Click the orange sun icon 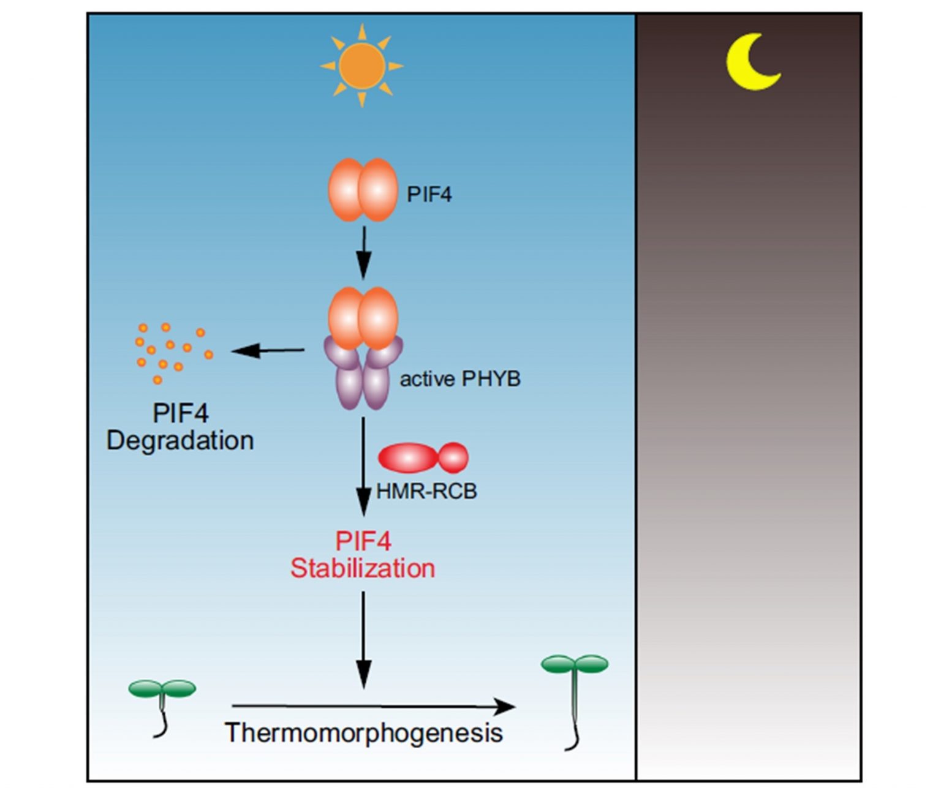point(361,66)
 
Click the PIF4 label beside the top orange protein point(429,195)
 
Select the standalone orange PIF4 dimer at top point(363,190)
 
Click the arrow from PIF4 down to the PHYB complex point(364,252)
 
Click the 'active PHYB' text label point(460,379)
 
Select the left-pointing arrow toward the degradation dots point(268,351)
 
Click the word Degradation point(180,441)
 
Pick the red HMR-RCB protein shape point(423,458)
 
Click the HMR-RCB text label point(426,491)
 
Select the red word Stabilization point(363,568)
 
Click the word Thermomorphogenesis point(364,733)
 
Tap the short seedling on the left point(162,704)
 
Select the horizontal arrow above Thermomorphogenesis point(373,707)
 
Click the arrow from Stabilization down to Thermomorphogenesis point(364,640)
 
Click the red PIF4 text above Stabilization point(363,541)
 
